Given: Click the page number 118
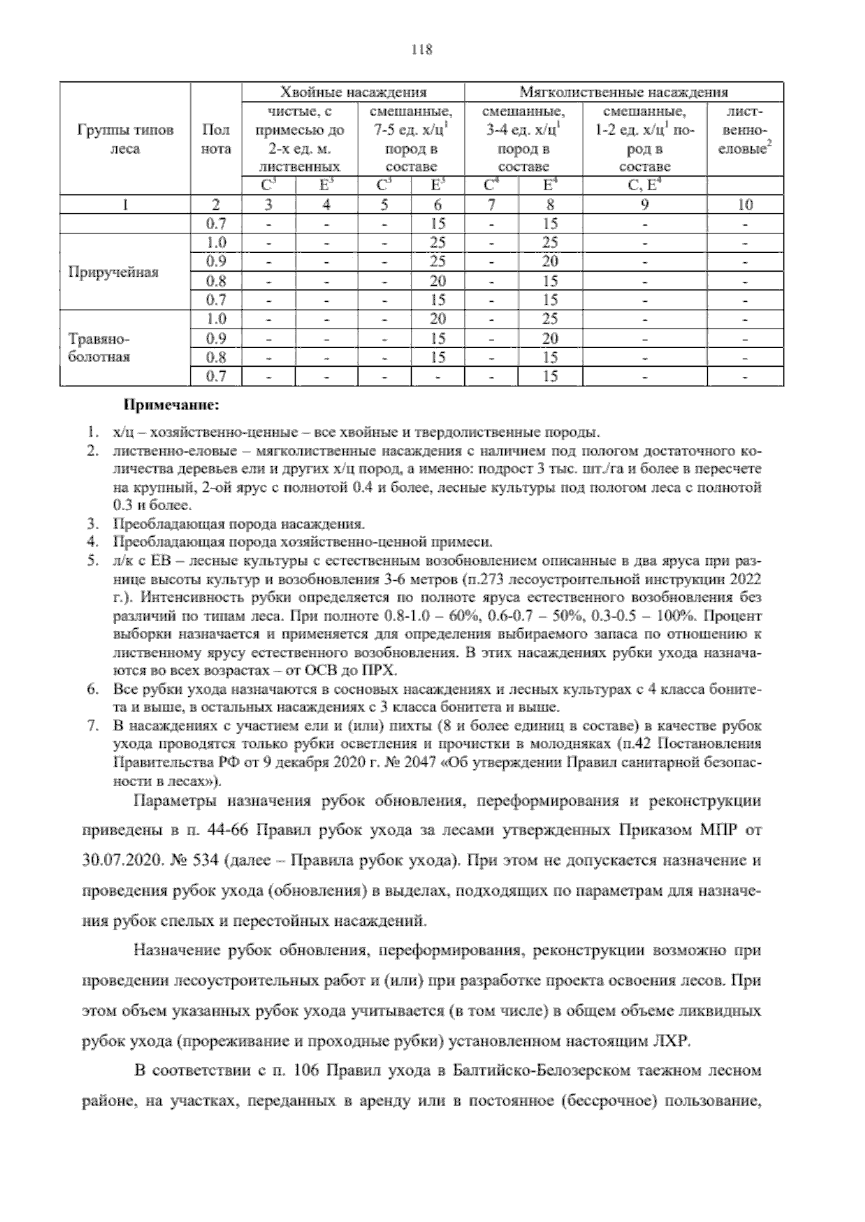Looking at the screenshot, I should pos(421,50).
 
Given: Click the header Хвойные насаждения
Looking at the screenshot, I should pos(352,92).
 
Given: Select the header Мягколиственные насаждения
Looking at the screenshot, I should pos(624,92).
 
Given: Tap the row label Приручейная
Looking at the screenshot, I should pos(113,272).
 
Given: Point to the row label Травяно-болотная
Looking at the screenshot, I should pos(99,347).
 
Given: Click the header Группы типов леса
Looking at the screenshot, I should pos(124,140).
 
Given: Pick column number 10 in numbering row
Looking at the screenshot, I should pos(745,205).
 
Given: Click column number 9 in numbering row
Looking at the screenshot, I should pos(644,205).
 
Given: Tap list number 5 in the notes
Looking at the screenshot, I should pos(92,560).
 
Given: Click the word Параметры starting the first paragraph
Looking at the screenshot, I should pos(175,800).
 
